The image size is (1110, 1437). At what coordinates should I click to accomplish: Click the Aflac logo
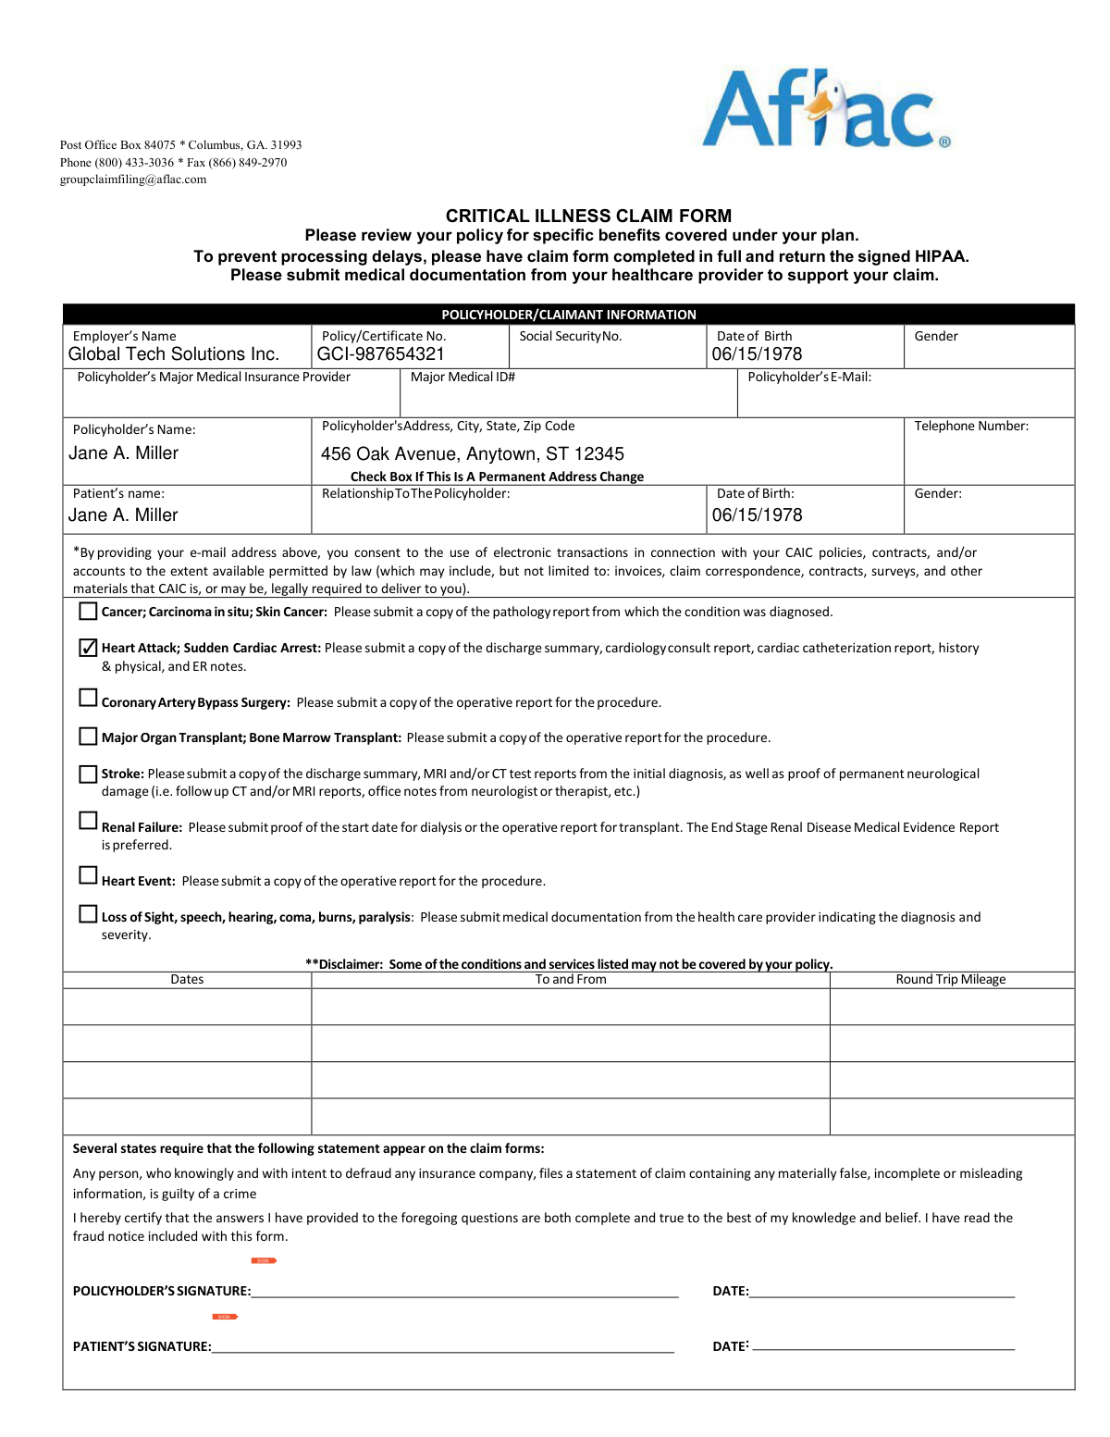pyautogui.click(x=826, y=109)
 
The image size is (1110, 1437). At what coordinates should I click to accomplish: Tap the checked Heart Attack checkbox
pyautogui.click(x=88, y=648)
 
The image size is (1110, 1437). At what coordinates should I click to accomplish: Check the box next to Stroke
pyautogui.click(x=88, y=774)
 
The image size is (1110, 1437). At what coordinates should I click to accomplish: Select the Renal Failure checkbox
pyautogui.click(x=88, y=821)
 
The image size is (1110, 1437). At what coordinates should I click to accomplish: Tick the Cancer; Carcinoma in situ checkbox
pyautogui.click(x=88, y=611)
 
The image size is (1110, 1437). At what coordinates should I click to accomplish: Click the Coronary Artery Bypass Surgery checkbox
pyautogui.click(x=88, y=698)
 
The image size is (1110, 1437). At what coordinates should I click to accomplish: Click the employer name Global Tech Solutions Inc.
pyautogui.click(x=174, y=354)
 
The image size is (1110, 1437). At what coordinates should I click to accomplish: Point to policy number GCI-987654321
pyautogui.click(x=381, y=354)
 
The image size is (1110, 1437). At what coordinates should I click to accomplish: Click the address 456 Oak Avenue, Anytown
pyautogui.click(x=472, y=453)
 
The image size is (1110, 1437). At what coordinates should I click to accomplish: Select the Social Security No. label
pyautogui.click(x=570, y=336)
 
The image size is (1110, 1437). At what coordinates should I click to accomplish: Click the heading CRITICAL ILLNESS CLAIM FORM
pyautogui.click(x=588, y=216)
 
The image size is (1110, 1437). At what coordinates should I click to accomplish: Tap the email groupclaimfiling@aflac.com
pyautogui.click(x=133, y=180)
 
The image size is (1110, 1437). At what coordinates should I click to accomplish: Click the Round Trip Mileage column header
pyautogui.click(x=950, y=979)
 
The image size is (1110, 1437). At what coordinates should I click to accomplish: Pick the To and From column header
pyautogui.click(x=571, y=979)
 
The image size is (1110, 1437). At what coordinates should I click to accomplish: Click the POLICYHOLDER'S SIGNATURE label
pyautogui.click(x=162, y=1291)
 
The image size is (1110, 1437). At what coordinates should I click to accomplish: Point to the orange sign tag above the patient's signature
pyautogui.click(x=225, y=1317)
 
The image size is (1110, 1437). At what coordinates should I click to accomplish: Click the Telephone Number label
pyautogui.click(x=971, y=426)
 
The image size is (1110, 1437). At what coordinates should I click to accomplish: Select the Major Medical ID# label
pyautogui.click(x=462, y=377)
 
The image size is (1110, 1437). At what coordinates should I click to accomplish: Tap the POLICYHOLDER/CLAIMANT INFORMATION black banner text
pyautogui.click(x=568, y=315)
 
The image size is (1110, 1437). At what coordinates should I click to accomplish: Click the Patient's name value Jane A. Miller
pyautogui.click(x=123, y=515)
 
